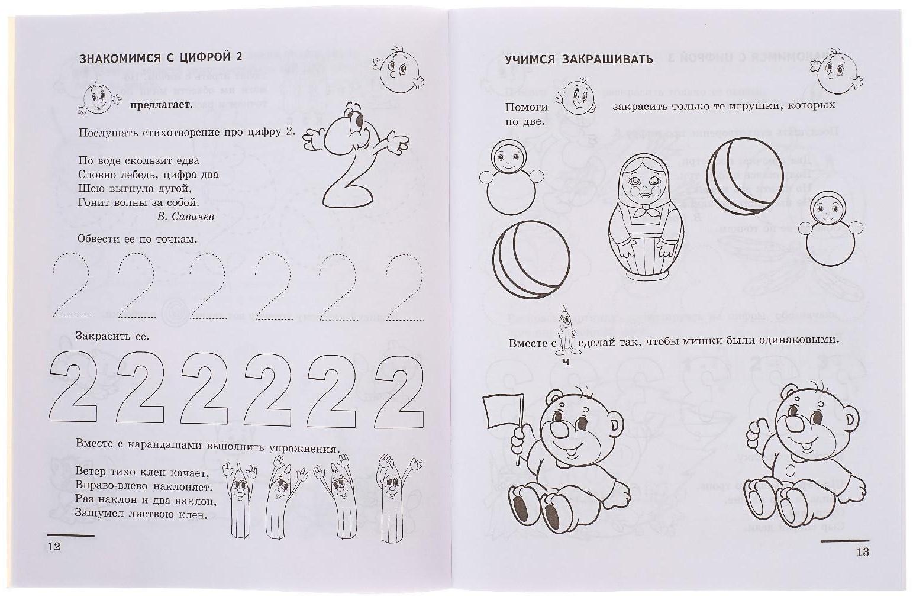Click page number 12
(x=54, y=546)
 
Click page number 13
(x=862, y=551)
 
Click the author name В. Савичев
(x=185, y=217)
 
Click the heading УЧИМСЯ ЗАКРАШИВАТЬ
(x=578, y=59)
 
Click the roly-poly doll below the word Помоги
(x=511, y=179)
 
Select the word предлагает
(x=158, y=105)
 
